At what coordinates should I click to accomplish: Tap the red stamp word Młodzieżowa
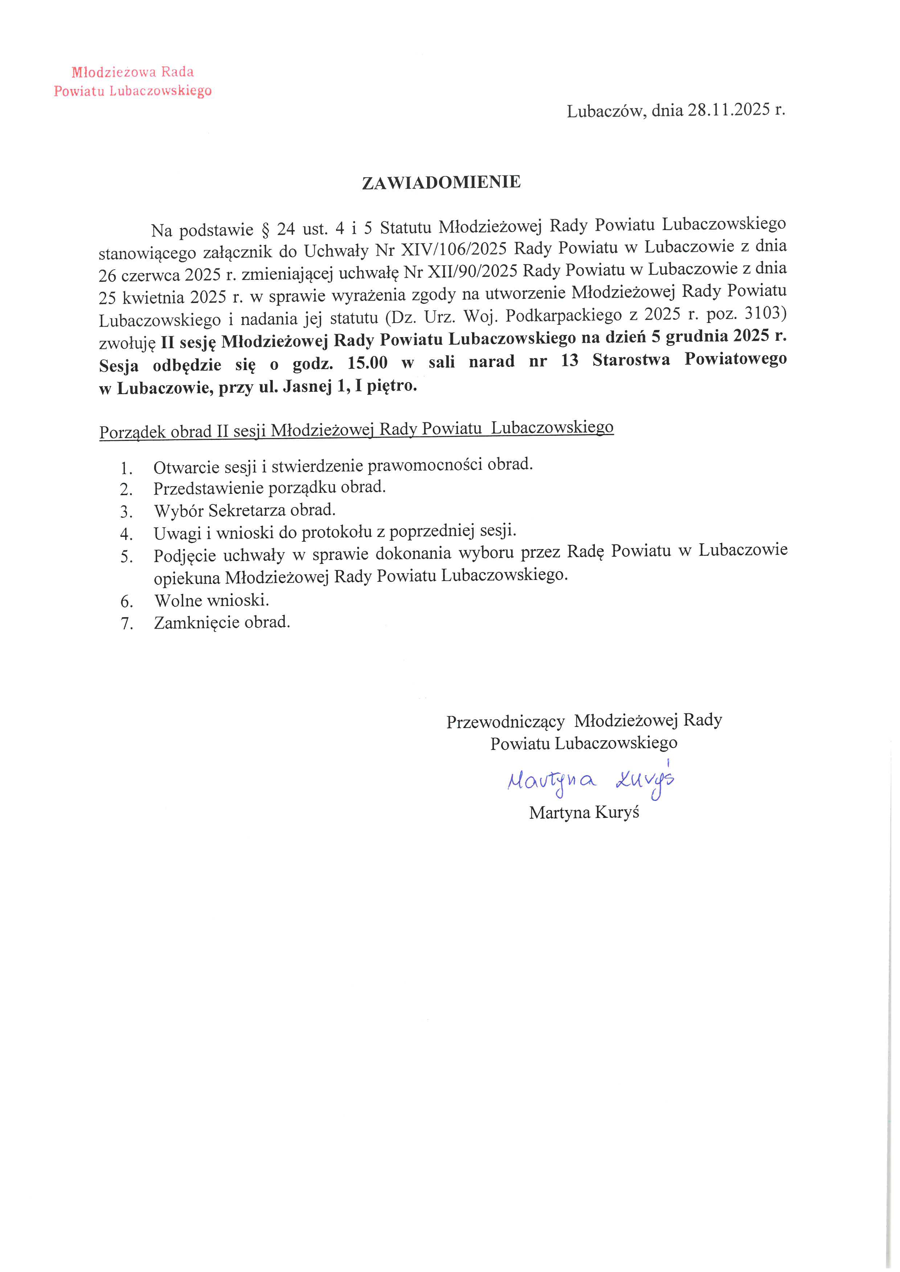(x=113, y=72)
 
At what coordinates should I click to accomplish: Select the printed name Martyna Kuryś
(x=584, y=813)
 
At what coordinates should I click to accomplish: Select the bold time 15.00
(x=367, y=363)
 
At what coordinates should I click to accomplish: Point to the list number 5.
(x=126, y=556)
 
